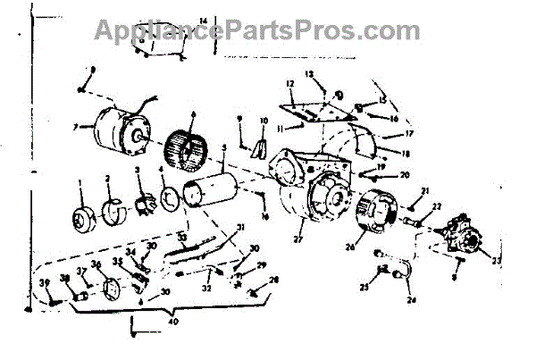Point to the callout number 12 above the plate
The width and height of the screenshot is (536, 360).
tap(289, 84)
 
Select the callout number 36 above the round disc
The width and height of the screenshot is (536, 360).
tap(95, 266)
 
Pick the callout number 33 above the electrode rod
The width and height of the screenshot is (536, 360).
tap(181, 236)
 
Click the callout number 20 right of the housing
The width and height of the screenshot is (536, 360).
tap(404, 175)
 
